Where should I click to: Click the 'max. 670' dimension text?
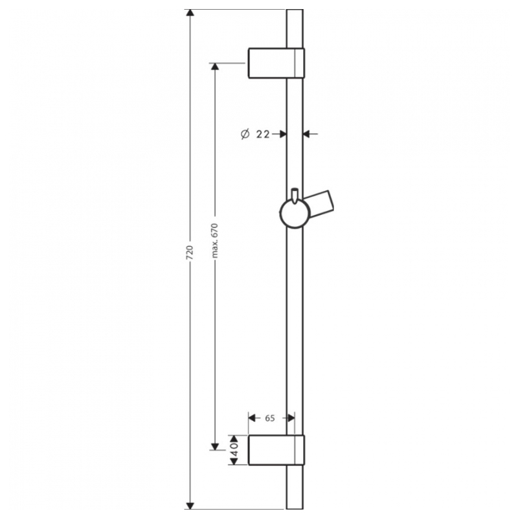point(215,240)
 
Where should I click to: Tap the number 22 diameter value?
point(263,134)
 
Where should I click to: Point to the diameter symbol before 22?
point(245,134)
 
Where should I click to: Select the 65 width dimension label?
point(270,418)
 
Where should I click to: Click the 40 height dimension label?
point(234,449)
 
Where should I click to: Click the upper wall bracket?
point(276,63)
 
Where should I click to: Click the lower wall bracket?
point(276,450)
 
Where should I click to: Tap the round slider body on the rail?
point(295,214)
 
